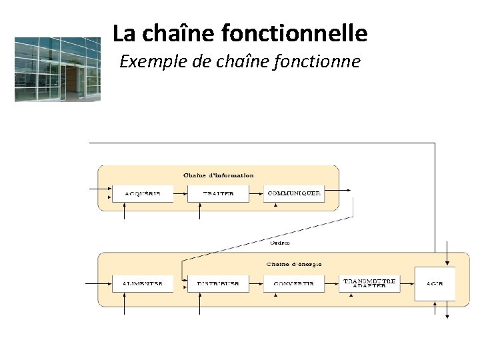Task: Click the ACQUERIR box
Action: (x=142, y=193)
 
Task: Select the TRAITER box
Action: (x=218, y=193)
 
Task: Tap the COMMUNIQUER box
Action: (x=293, y=193)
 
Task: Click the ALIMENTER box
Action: (x=142, y=283)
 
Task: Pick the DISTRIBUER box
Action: (x=218, y=283)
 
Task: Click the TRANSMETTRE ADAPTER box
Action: (x=369, y=283)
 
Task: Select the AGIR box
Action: (x=435, y=283)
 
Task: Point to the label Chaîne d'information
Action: (x=219, y=175)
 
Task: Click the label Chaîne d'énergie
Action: (x=294, y=264)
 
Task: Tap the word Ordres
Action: (x=280, y=242)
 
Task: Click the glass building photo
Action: (x=57, y=69)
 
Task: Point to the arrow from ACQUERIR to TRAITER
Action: (x=180, y=193)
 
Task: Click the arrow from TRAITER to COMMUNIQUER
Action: (x=256, y=193)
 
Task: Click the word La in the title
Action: (x=123, y=32)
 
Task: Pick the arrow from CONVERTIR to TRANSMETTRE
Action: (x=331, y=283)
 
